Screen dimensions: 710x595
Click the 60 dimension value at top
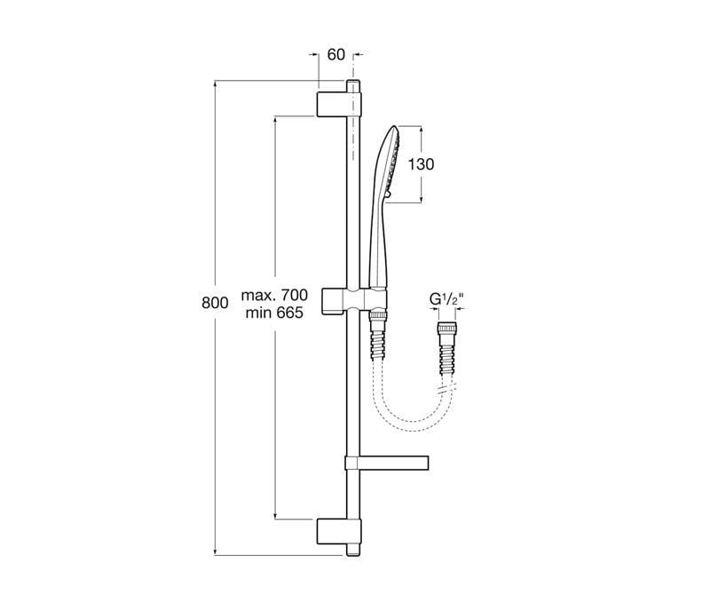pos(336,55)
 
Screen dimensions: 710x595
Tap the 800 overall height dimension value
pos(215,303)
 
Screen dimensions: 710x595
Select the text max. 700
pos(274,295)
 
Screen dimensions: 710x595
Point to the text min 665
pos(274,313)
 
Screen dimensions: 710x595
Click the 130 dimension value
pos(421,164)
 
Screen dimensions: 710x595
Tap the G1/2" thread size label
pos(446,299)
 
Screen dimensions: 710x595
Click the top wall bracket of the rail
pos(339,104)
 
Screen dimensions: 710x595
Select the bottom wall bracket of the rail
pos(339,531)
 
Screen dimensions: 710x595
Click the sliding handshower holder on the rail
pos(356,299)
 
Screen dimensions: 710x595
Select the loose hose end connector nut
pos(446,329)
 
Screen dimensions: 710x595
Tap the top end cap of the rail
pos(353,86)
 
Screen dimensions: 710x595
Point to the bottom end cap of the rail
pos(353,550)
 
